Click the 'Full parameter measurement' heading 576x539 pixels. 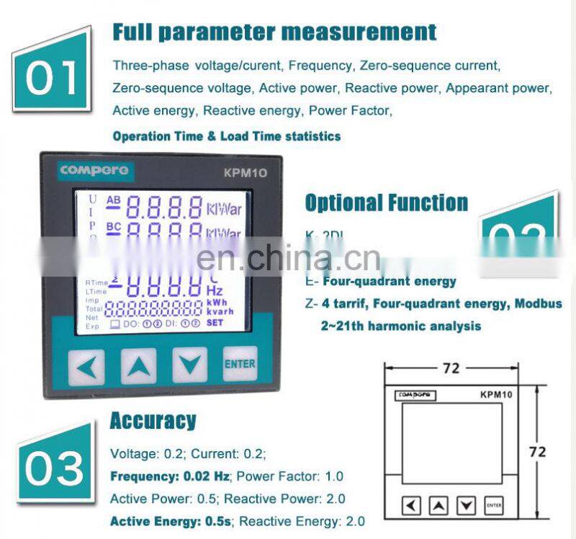point(274,32)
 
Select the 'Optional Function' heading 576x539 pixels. point(386,203)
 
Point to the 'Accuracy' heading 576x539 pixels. point(153,421)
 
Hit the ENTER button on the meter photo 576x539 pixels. point(239,364)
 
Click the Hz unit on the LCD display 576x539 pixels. point(215,290)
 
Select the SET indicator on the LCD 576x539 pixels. point(215,324)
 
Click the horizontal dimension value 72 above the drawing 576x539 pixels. point(451,368)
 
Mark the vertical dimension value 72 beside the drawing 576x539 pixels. point(537,453)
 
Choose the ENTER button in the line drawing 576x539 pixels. point(494,506)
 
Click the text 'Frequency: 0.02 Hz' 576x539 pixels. point(170,476)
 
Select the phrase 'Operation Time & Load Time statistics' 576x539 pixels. point(227,136)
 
